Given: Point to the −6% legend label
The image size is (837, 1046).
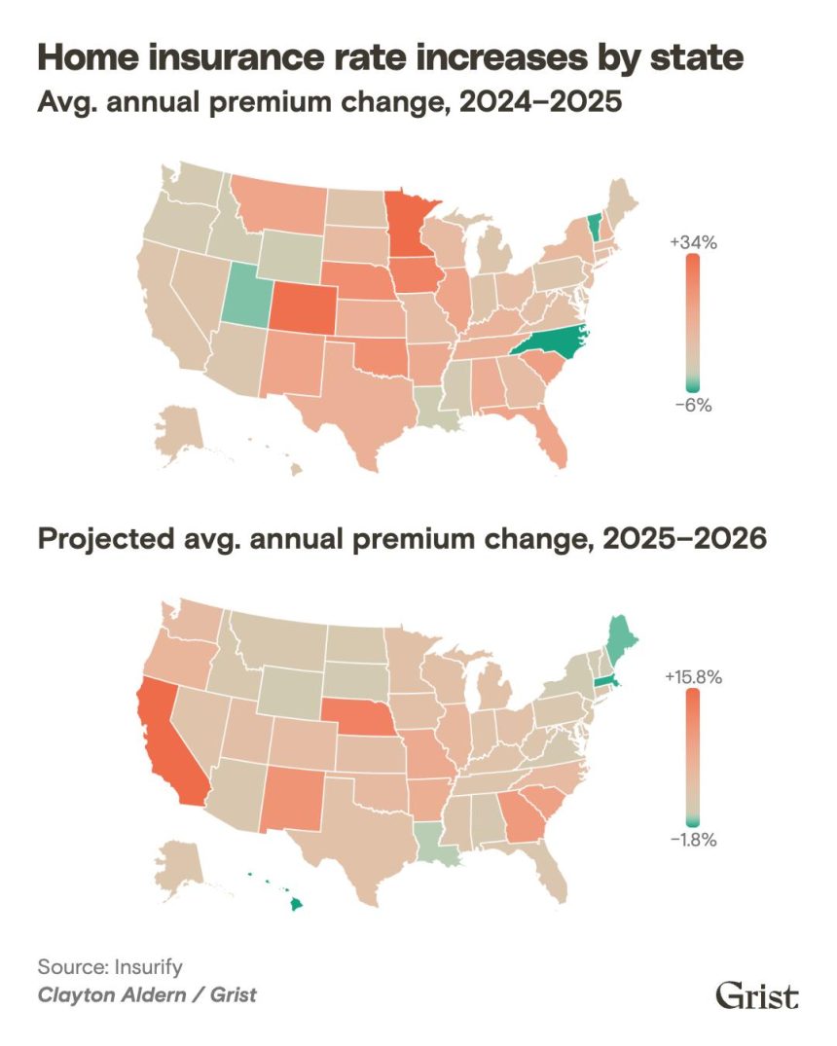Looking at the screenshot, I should (692, 405).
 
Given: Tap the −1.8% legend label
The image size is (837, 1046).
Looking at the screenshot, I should (692, 839).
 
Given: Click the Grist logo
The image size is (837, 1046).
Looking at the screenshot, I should (757, 995).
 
